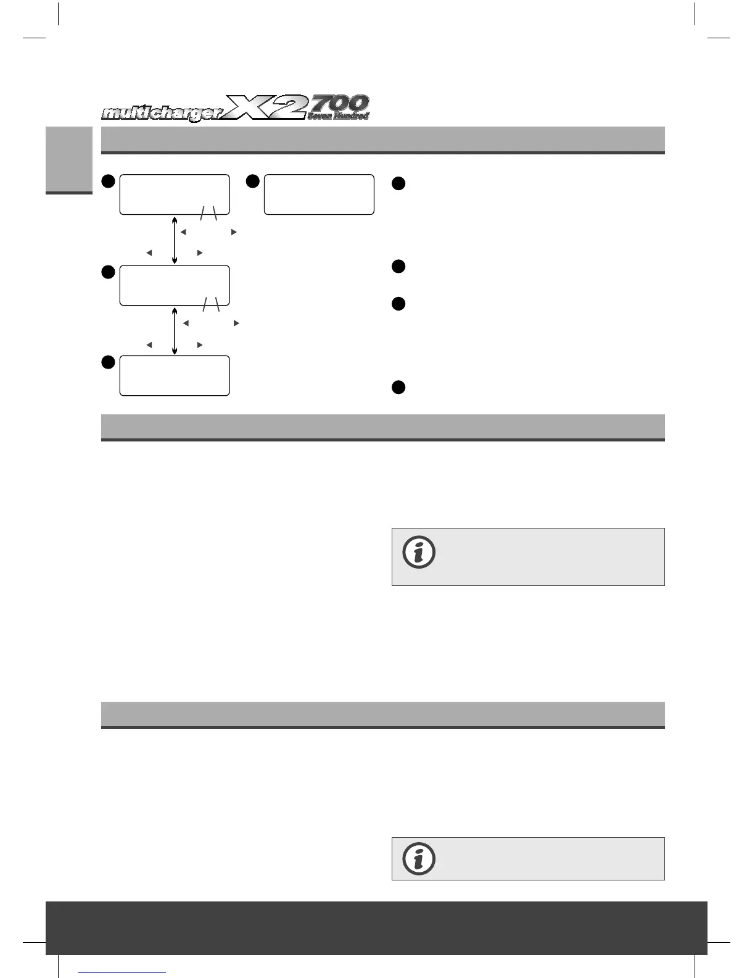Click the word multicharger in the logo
pyautogui.click(x=162, y=114)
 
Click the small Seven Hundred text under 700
pyautogui.click(x=338, y=115)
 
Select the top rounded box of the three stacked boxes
pyautogui.click(x=175, y=194)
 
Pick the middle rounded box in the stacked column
pyautogui.click(x=175, y=285)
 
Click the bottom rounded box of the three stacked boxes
pyautogui.click(x=175, y=375)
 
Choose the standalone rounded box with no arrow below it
pyautogui.click(x=319, y=194)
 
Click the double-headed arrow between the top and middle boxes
pyautogui.click(x=175, y=240)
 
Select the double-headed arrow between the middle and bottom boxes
pyautogui.click(x=175, y=331)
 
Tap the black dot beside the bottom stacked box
pyautogui.click(x=108, y=362)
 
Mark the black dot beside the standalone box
pyautogui.click(x=252, y=181)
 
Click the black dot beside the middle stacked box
pyautogui.click(x=108, y=272)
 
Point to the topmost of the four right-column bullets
pyautogui.click(x=398, y=183)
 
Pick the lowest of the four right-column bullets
pyautogui.click(x=398, y=387)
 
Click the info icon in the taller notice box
pyautogui.click(x=419, y=553)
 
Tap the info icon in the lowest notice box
pyautogui.click(x=419, y=858)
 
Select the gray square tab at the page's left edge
pyautogui.click(x=68, y=159)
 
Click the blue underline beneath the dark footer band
pyautogui.click(x=123, y=972)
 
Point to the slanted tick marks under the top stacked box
pyautogui.click(x=209, y=214)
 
